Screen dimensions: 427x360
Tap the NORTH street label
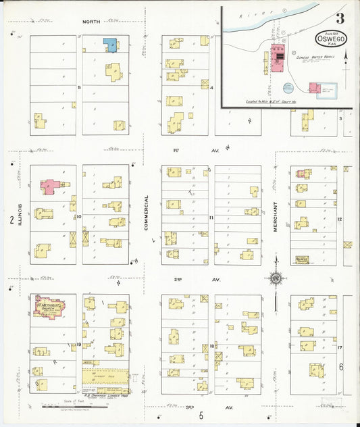91,22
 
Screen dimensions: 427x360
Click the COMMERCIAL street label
146,214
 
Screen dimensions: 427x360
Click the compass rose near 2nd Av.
276,278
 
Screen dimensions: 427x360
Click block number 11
211,217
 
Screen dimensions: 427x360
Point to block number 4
211,88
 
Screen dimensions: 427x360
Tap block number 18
211,345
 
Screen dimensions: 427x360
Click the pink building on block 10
49,186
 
